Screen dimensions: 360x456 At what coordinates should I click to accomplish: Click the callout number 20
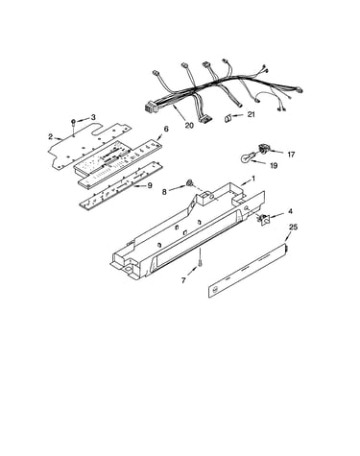pyautogui.click(x=189, y=125)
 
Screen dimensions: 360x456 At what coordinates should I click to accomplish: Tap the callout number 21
pyautogui.click(x=252, y=114)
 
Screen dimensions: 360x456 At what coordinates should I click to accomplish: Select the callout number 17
pyautogui.click(x=291, y=155)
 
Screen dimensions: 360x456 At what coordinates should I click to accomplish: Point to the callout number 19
pyautogui.click(x=274, y=165)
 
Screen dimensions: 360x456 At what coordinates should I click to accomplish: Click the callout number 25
pyautogui.click(x=293, y=228)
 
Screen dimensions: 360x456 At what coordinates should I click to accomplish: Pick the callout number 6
pyautogui.click(x=166, y=129)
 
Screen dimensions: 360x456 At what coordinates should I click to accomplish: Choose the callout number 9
pyautogui.click(x=150, y=185)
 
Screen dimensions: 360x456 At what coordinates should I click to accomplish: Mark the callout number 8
pyautogui.click(x=164, y=192)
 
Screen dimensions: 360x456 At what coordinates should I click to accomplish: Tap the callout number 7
pyautogui.click(x=183, y=280)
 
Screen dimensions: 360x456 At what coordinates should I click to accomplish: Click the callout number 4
pyautogui.click(x=290, y=211)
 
